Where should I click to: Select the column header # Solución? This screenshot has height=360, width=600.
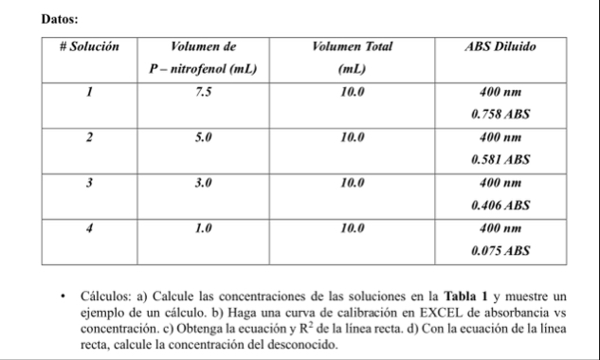[x=89, y=46]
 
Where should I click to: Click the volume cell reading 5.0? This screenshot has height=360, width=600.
[x=202, y=138]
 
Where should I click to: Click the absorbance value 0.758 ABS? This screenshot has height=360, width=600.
[x=500, y=115]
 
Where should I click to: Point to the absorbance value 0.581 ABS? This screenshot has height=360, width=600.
[x=500, y=160]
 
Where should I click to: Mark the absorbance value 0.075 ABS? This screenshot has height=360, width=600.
[x=500, y=251]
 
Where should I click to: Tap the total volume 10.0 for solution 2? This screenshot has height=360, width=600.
[x=352, y=138]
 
